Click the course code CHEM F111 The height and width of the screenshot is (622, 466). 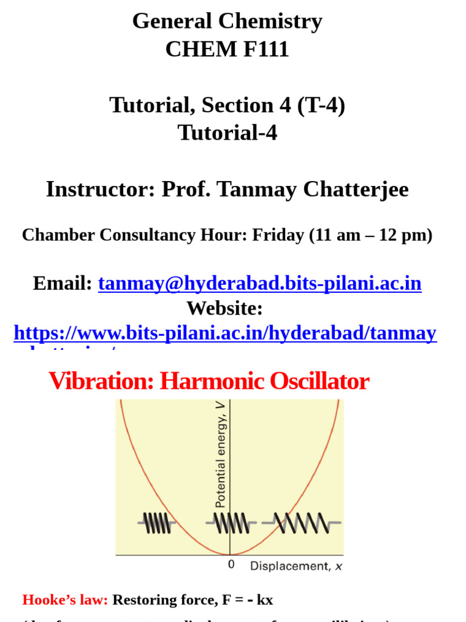tap(227, 49)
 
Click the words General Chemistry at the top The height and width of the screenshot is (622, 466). tap(227, 22)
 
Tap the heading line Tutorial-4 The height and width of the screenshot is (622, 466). tap(227, 132)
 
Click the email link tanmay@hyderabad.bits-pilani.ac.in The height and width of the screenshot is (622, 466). tap(260, 283)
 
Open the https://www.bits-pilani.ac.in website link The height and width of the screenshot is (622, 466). tap(225, 333)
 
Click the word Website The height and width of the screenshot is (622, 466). tap(225, 308)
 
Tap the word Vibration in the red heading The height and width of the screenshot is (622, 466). tap(100, 381)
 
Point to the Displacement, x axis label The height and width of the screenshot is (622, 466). tap(296, 566)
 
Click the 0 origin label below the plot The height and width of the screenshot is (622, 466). tap(231, 565)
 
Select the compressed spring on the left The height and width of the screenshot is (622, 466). tap(157, 522)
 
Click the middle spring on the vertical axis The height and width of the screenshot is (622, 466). tap(231, 522)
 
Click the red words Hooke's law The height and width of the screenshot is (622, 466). tap(65, 600)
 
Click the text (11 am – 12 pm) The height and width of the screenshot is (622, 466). tap(370, 235)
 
